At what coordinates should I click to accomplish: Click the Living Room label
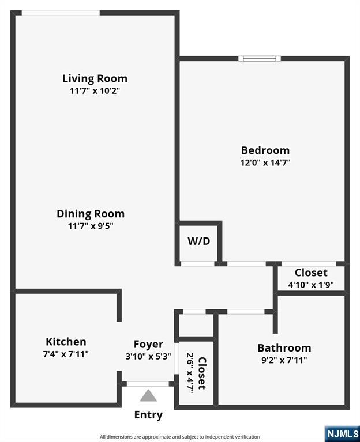[95, 78]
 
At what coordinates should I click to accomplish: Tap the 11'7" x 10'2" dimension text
[95, 91]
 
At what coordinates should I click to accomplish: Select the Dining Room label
[91, 214]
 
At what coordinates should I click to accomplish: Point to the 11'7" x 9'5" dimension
[91, 226]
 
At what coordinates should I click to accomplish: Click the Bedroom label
[265, 150]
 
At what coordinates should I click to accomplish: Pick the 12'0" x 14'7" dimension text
[265, 163]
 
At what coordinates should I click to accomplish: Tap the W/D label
[199, 241]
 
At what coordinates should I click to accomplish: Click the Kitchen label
[66, 342]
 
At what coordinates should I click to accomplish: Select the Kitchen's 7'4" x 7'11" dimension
[66, 354]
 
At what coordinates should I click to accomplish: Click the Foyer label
[148, 345]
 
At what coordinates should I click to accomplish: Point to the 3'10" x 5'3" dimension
[148, 357]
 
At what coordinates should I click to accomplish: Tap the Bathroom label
[284, 348]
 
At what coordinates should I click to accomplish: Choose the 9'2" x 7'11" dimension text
[284, 360]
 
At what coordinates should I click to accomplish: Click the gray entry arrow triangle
[148, 395]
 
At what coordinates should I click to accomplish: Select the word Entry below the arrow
[148, 415]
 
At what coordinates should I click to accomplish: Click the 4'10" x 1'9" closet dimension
[311, 285]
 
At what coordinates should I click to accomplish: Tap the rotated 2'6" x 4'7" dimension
[190, 372]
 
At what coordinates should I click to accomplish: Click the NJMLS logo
[343, 434]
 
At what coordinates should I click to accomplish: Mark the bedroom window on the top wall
[260, 59]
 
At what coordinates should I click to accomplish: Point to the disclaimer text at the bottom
[180, 437]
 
